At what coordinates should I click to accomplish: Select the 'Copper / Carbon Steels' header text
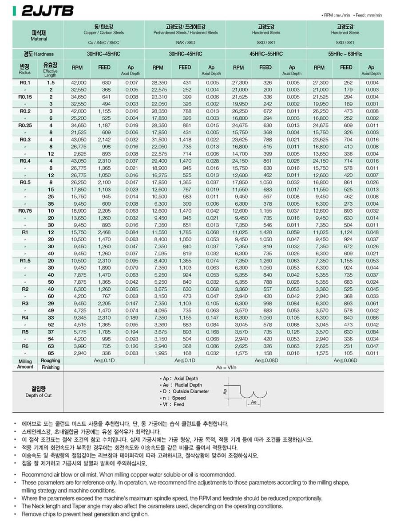[104, 33]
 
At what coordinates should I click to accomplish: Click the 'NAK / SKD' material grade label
[185, 43]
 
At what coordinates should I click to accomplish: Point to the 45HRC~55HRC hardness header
[266, 54]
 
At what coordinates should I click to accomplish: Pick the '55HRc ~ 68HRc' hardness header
[347, 54]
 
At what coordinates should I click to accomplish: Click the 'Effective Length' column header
[50, 70]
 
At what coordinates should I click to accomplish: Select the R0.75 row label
[24, 211]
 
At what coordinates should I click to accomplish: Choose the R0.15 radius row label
[24, 97]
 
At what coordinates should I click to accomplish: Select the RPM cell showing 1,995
[158, 353]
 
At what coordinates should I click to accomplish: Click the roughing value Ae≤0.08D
[266, 360]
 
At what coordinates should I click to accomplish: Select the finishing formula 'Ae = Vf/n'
[226, 368]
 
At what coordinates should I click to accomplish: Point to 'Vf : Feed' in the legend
[173, 404]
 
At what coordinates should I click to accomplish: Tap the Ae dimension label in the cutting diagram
[253, 402]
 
